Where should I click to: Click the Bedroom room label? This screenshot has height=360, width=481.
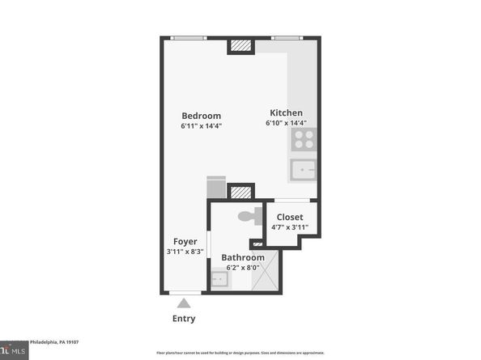[201, 116]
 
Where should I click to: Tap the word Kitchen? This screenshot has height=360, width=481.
[286, 112]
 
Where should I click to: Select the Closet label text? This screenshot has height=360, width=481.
[290, 217]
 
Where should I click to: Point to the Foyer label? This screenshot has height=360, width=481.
[185, 242]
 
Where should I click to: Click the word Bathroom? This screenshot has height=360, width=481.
[243, 257]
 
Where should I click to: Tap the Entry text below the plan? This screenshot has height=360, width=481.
[184, 319]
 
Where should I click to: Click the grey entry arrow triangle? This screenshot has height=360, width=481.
[184, 303]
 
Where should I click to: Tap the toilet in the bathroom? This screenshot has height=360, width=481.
[252, 215]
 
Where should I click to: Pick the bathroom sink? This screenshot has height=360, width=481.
[219, 280]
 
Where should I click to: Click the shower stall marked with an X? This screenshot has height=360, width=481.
[266, 271]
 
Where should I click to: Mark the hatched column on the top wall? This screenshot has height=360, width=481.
[240, 46]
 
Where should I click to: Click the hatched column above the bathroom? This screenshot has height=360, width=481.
[240, 193]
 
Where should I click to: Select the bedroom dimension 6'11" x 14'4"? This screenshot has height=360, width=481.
[201, 126]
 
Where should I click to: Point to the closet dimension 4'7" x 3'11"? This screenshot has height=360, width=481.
[290, 227]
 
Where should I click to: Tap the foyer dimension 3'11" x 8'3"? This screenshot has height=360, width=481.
[185, 252]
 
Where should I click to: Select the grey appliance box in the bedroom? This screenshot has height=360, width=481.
[216, 188]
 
